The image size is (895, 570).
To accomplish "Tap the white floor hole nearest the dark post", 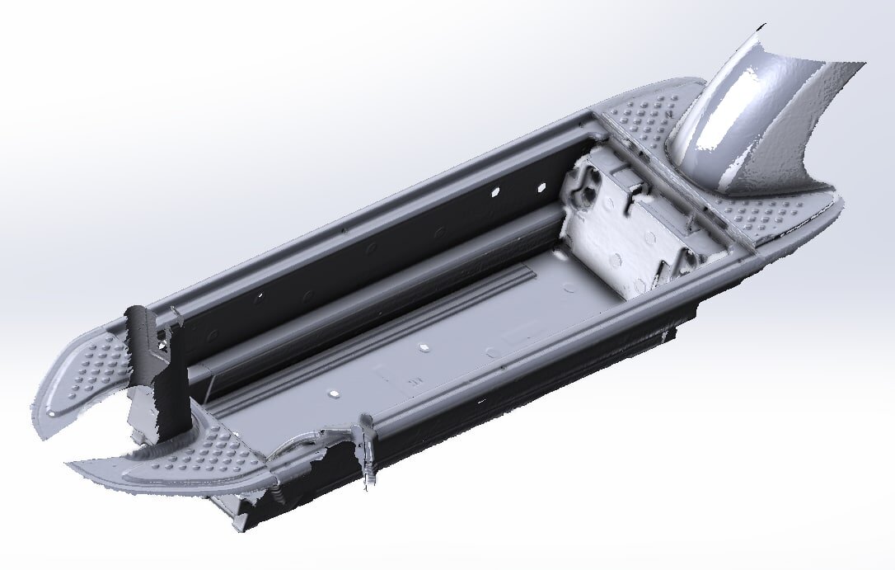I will [336, 394].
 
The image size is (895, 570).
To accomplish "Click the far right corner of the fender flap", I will [864, 64].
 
